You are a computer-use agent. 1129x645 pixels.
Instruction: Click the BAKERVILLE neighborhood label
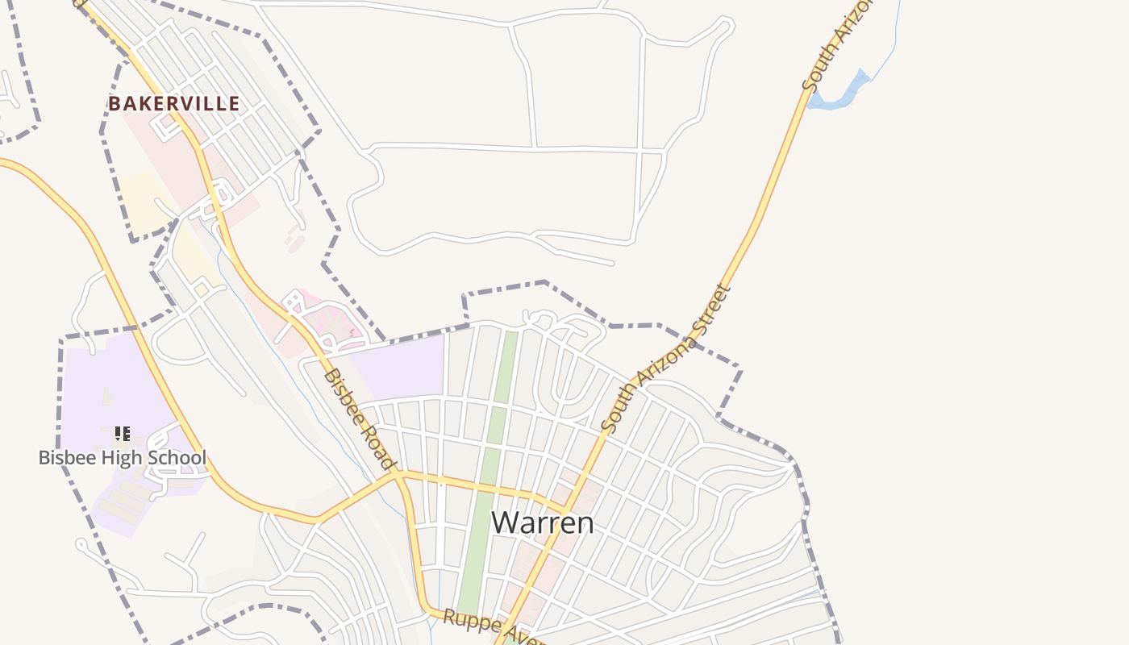click(174, 104)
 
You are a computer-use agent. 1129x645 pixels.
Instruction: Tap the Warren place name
click(542, 522)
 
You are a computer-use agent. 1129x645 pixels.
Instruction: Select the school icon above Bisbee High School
click(123, 434)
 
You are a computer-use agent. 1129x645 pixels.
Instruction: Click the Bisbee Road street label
click(360, 419)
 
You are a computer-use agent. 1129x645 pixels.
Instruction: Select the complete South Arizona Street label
click(666, 358)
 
